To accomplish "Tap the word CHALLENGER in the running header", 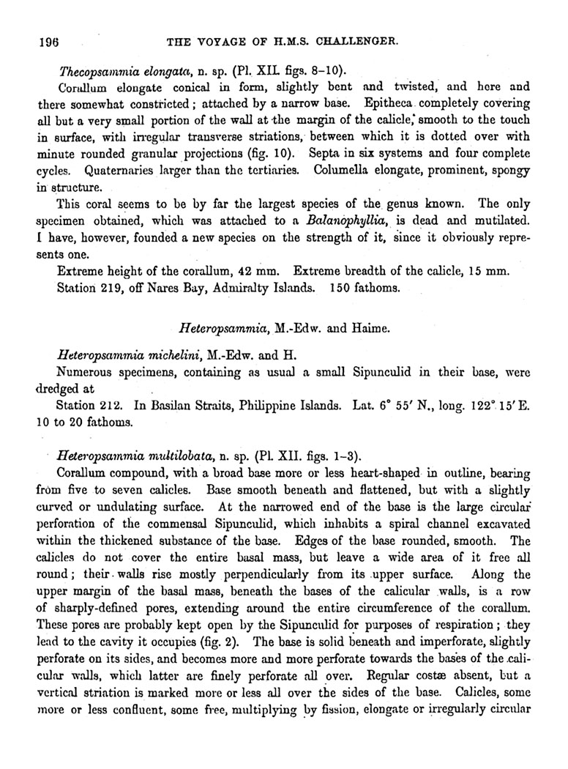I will (x=354, y=42).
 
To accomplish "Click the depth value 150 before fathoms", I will (x=343, y=287).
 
